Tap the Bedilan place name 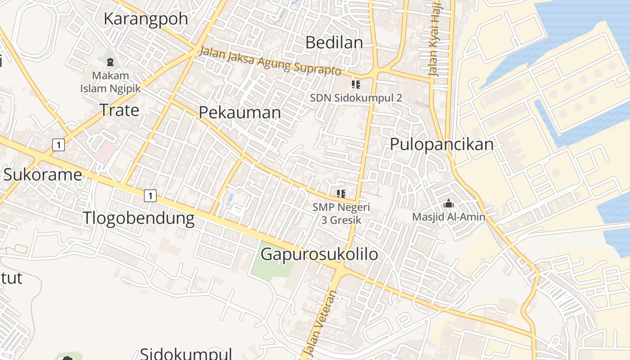point(334,43)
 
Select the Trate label point(119,110)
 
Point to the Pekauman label point(240,112)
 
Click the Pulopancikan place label point(441,144)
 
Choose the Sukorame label point(43,175)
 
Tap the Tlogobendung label point(139,218)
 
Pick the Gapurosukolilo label point(319,254)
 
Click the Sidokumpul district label point(186,353)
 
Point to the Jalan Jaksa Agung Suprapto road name point(270,61)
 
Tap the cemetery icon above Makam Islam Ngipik point(110,62)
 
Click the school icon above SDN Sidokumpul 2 point(356,84)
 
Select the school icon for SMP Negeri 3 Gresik point(341,194)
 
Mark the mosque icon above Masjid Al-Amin point(448,204)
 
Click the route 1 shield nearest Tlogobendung point(150,196)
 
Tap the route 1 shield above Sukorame point(58,145)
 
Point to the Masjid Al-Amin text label point(449,217)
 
